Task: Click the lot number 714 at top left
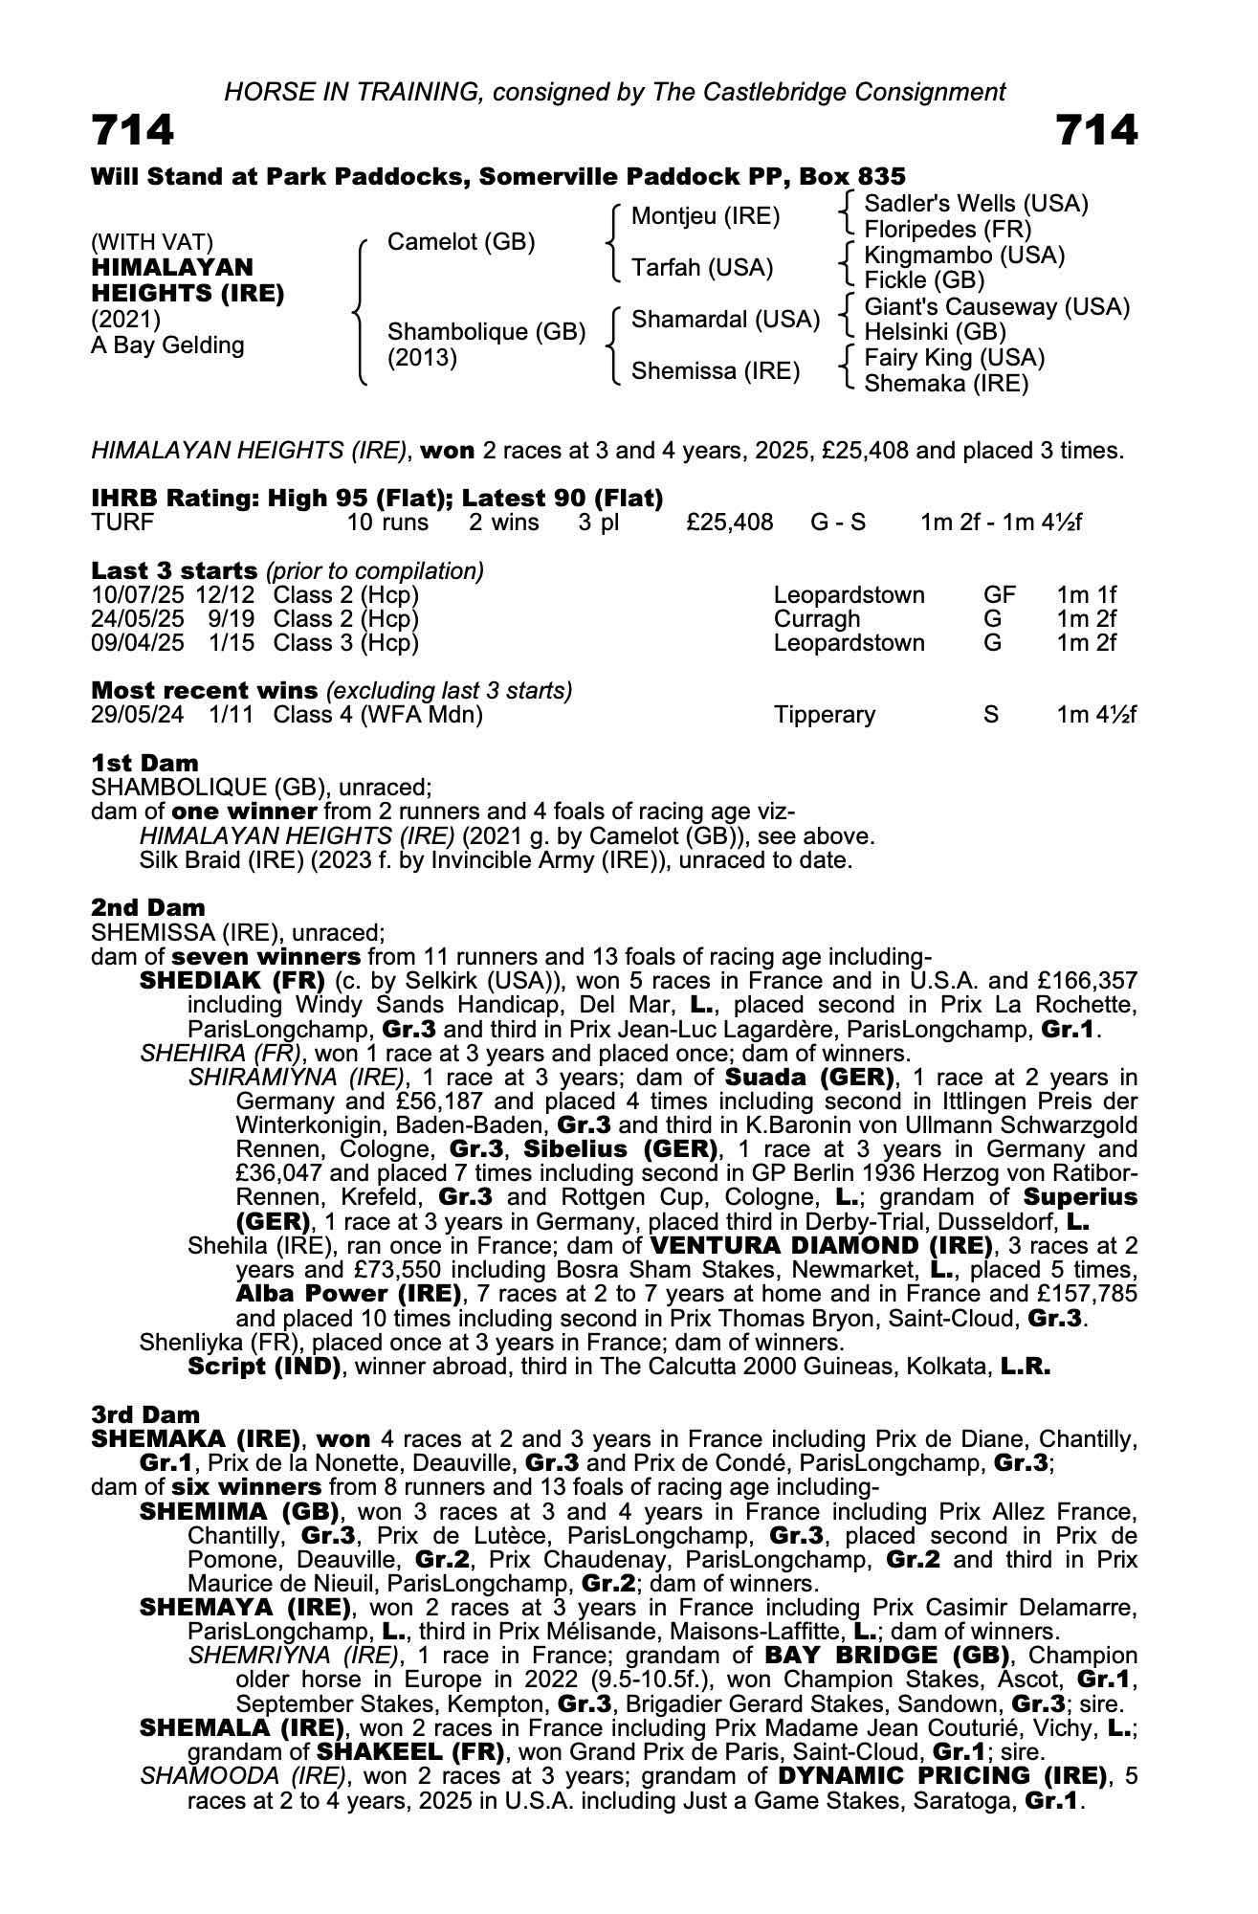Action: pos(133,130)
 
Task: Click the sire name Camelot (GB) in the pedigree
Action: pos(460,242)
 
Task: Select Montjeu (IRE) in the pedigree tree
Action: pos(706,216)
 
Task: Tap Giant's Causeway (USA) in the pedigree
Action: pos(997,307)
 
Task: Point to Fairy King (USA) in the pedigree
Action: pos(954,358)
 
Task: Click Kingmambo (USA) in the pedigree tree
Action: pos(964,256)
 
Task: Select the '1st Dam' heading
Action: pos(144,763)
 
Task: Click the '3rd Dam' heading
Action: pos(145,1414)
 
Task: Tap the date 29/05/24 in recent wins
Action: pos(137,715)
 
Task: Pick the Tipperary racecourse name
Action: pos(825,715)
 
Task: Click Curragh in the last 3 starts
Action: pos(816,619)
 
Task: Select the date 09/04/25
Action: pos(137,642)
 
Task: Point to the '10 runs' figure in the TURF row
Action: pos(387,523)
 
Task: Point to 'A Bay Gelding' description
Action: pos(167,345)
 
